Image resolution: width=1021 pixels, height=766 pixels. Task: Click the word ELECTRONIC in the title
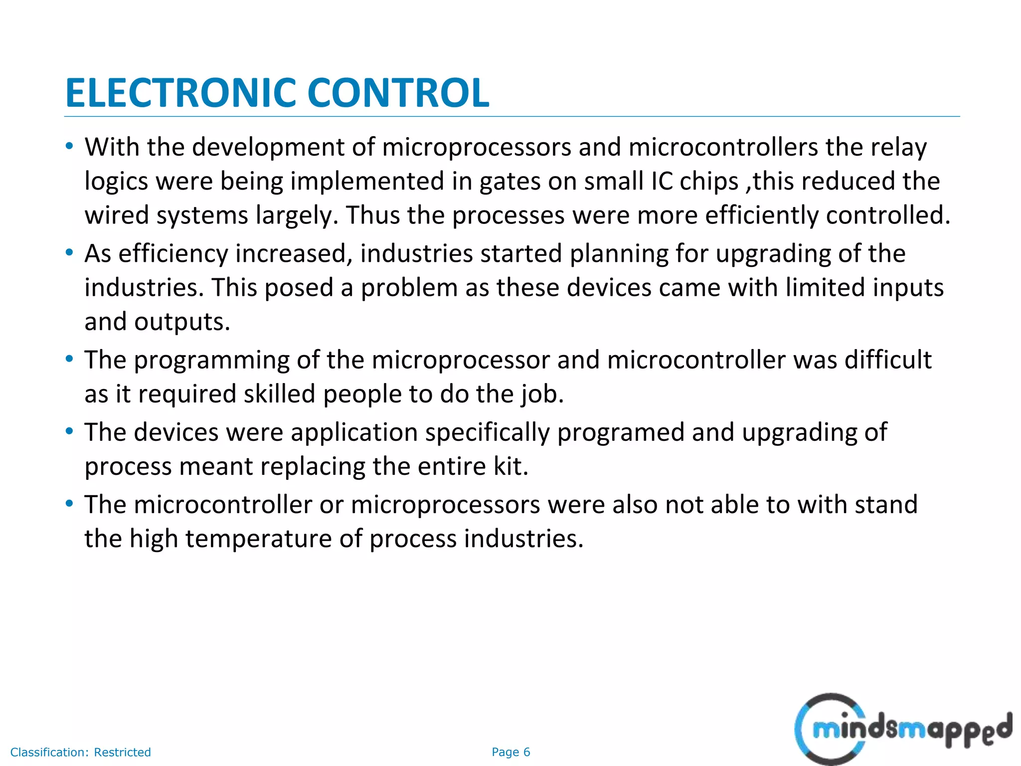point(180,93)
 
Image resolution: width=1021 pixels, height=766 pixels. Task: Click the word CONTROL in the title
point(398,93)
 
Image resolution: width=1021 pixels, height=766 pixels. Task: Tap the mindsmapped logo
point(903,729)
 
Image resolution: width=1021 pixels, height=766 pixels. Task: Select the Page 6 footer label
point(510,752)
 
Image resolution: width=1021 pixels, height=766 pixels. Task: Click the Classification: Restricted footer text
point(80,752)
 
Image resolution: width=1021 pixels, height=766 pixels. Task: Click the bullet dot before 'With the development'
point(69,147)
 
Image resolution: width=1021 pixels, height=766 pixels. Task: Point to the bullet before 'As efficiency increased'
point(69,253)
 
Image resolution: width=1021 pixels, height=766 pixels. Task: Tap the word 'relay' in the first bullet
point(898,148)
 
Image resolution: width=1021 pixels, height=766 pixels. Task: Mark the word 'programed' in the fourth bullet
point(620,432)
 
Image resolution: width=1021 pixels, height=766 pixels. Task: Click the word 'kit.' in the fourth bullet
point(510,466)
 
